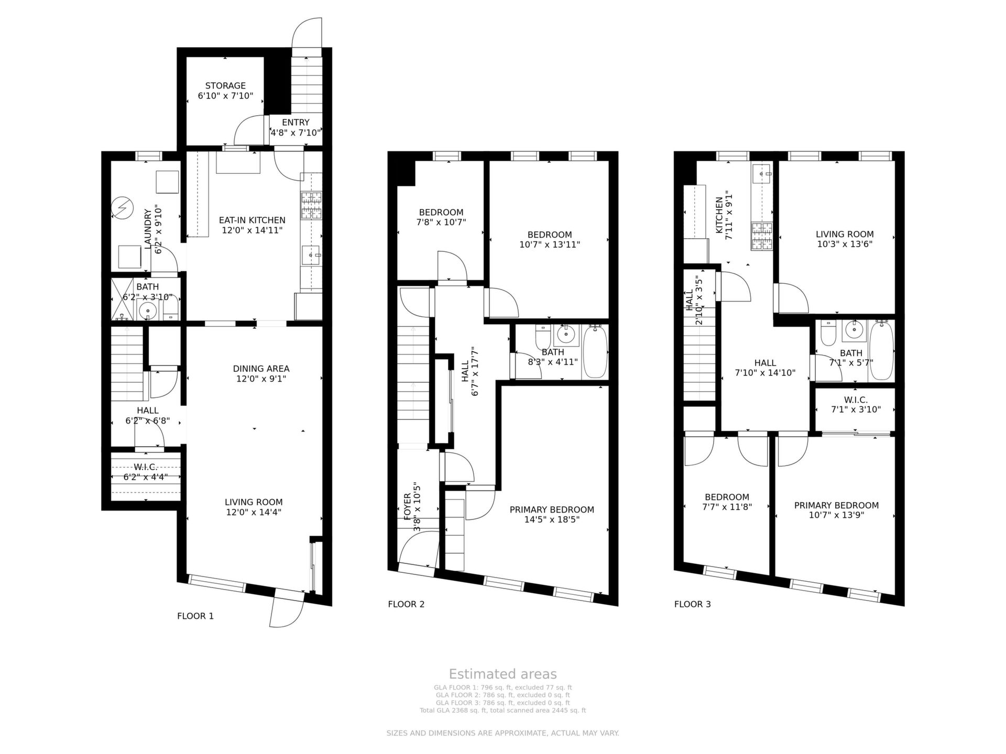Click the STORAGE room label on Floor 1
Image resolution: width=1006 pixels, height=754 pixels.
tap(225, 86)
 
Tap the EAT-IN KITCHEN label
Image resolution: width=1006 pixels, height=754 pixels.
tap(252, 220)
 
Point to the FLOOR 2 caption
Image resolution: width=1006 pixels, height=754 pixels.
tap(406, 604)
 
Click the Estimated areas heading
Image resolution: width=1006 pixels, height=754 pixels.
tap(503, 674)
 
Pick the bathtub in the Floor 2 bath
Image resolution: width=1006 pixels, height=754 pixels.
tap(595, 351)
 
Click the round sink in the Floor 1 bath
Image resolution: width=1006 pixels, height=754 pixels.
tap(148, 311)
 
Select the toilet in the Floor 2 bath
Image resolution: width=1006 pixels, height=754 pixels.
tap(542, 338)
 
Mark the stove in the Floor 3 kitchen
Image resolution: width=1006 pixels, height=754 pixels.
tap(762, 236)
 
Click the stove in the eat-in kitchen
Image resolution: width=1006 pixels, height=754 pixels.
tap(311, 205)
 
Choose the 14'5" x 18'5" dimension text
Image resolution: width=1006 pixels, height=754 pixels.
tap(552, 519)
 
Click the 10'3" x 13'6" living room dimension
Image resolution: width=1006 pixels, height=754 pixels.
tap(845, 244)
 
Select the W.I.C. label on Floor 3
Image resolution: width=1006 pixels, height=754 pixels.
tap(856, 400)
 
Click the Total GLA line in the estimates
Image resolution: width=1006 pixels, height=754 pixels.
tap(503, 711)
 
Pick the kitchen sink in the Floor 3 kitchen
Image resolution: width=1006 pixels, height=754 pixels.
tap(762, 173)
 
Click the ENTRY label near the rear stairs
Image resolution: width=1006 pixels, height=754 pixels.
tap(296, 123)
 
